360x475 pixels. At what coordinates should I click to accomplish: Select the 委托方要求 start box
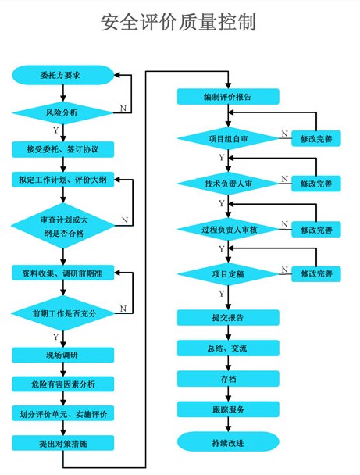pyautogui.click(x=62, y=75)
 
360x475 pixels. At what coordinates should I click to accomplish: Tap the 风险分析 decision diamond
pyautogui.click(x=62, y=112)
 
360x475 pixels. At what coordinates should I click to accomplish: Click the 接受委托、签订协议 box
pyautogui.click(x=62, y=148)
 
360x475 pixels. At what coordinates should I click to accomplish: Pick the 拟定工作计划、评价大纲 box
pyautogui.click(x=62, y=180)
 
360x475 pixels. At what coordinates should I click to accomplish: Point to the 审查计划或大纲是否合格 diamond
pyautogui.click(x=62, y=225)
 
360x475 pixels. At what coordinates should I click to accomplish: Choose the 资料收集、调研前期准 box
pyautogui.click(x=62, y=273)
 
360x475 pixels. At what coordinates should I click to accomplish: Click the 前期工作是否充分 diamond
pyautogui.click(x=62, y=312)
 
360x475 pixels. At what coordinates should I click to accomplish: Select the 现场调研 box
pyautogui.click(x=62, y=355)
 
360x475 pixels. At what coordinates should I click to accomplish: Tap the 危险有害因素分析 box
pyautogui.click(x=62, y=384)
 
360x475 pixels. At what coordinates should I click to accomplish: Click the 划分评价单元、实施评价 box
pyautogui.click(x=62, y=413)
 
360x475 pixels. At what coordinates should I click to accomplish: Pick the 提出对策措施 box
pyautogui.click(x=62, y=442)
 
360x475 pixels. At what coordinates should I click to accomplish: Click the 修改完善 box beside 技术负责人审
pyautogui.click(x=316, y=184)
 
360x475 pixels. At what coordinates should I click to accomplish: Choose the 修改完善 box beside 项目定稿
pyautogui.click(x=316, y=274)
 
